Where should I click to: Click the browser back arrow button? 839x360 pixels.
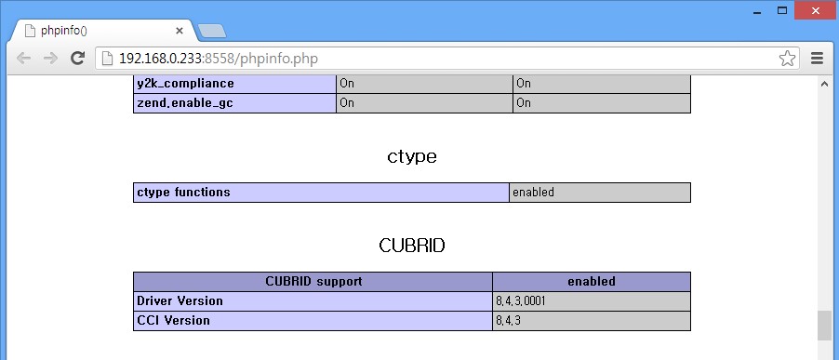pos(24,59)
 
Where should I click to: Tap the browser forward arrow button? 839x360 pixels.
pos(51,59)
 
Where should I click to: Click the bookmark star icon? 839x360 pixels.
pos(787,59)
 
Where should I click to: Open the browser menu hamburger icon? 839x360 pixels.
pos(818,59)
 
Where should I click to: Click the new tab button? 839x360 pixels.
pos(212,31)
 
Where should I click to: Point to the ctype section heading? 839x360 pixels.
pos(412,156)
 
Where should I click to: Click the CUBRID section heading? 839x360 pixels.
pos(412,246)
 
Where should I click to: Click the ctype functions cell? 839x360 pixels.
pos(183,193)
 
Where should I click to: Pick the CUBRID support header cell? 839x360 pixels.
pos(313,281)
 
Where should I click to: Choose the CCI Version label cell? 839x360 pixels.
pos(173,321)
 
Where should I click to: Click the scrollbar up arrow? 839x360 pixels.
pos(824,84)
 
